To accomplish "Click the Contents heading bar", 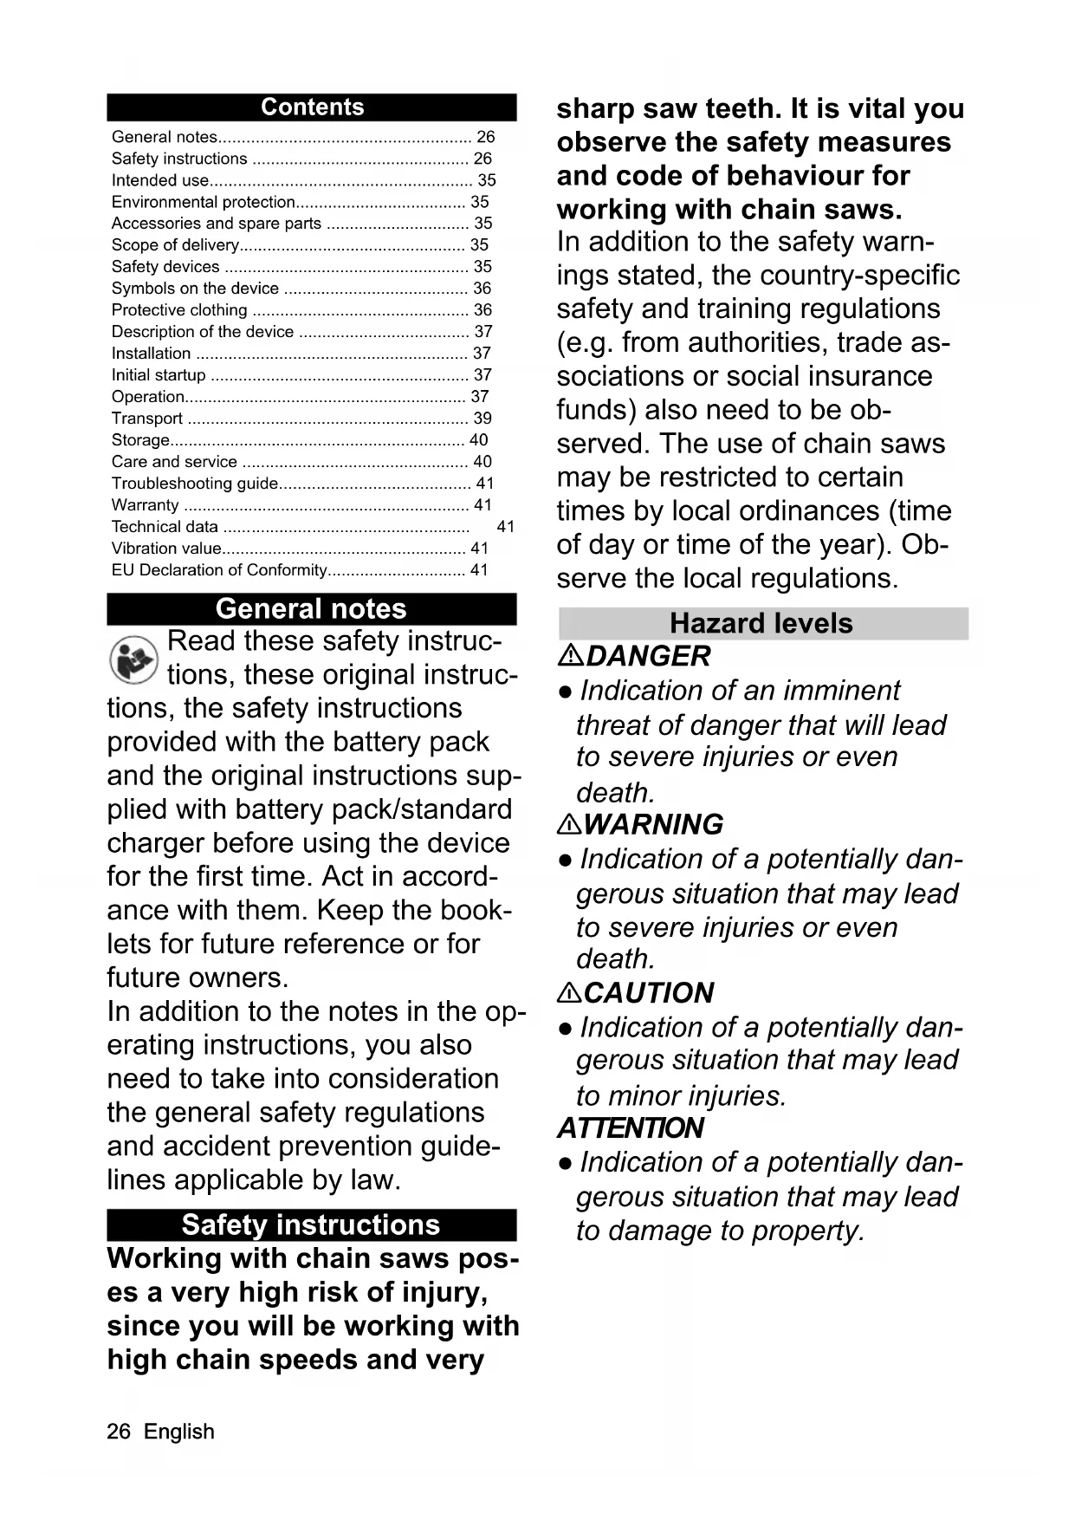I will coord(312,107).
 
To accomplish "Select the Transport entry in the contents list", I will coord(147,419).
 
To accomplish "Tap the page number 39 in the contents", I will coord(482,419).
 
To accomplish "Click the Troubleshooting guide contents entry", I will coord(195,484).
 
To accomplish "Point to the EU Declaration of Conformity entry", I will coord(219,570).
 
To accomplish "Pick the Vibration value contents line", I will coord(166,549).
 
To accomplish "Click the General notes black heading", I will coord(311,609).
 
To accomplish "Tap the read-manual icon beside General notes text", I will coord(133,659).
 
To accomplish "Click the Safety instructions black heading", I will coord(311,1225).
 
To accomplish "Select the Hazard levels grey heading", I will coord(762,624).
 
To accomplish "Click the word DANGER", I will coord(648,657).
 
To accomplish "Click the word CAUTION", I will coord(649,993).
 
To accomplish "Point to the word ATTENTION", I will coord(631,1128).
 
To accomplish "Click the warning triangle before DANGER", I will coord(570,657).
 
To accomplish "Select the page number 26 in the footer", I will coord(119,1432).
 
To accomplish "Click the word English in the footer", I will coord(179,1432).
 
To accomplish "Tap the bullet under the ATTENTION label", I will coord(565,1163).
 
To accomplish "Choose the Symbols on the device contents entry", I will coord(195,289).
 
